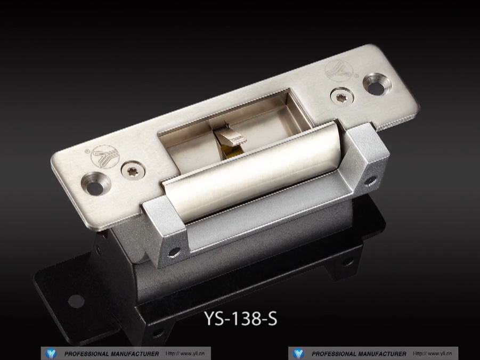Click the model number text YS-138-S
point(241,318)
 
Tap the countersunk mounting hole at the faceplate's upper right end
point(377,84)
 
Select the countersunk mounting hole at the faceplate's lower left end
point(95,184)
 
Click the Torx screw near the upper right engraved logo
point(342,97)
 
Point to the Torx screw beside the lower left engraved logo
point(133,170)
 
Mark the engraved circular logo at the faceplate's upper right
point(339,71)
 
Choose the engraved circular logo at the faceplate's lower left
point(105,156)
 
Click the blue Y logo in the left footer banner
point(51,354)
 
